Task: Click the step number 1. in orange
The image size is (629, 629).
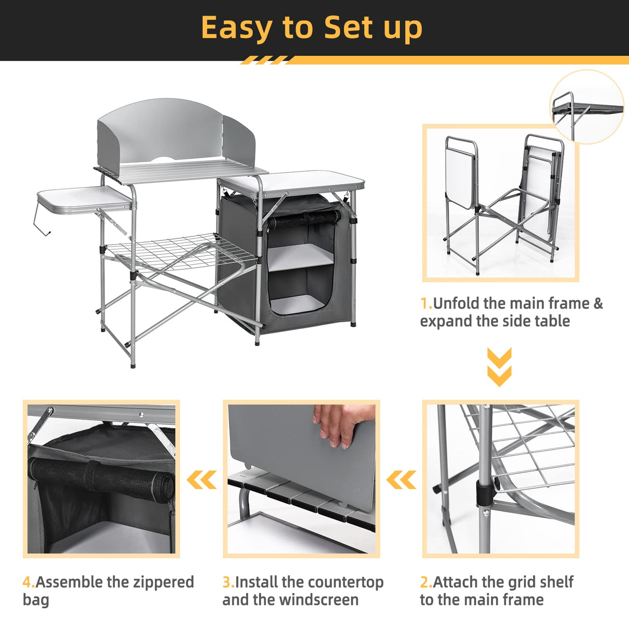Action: (426, 304)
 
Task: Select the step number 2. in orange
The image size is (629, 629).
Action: (425, 582)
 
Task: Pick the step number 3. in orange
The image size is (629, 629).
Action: (228, 582)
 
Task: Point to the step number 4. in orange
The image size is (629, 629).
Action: (28, 582)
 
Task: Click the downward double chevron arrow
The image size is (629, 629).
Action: (499, 367)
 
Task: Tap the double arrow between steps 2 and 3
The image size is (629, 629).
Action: (401, 480)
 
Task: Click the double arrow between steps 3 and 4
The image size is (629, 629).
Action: (202, 480)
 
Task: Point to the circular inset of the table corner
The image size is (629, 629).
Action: (587, 107)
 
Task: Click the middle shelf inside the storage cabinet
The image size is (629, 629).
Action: (301, 256)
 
